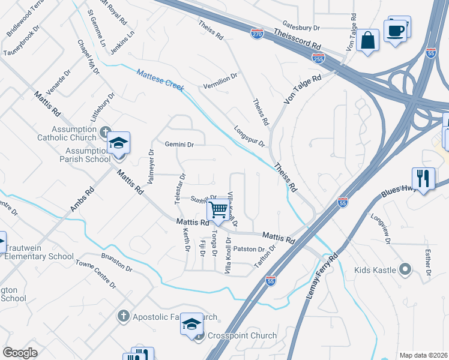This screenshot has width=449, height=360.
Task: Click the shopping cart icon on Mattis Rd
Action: coord(218,210)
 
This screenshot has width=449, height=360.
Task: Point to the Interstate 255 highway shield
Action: coord(318,59)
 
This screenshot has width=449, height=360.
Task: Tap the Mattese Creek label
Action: coord(159,80)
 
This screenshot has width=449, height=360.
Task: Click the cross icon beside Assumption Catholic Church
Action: coord(106,131)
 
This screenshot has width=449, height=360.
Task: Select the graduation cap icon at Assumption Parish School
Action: coord(118,143)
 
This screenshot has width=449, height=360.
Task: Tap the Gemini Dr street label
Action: coord(179,145)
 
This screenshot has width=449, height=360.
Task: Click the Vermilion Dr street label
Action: coord(220,80)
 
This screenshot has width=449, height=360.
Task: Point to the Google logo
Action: coord(20,353)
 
